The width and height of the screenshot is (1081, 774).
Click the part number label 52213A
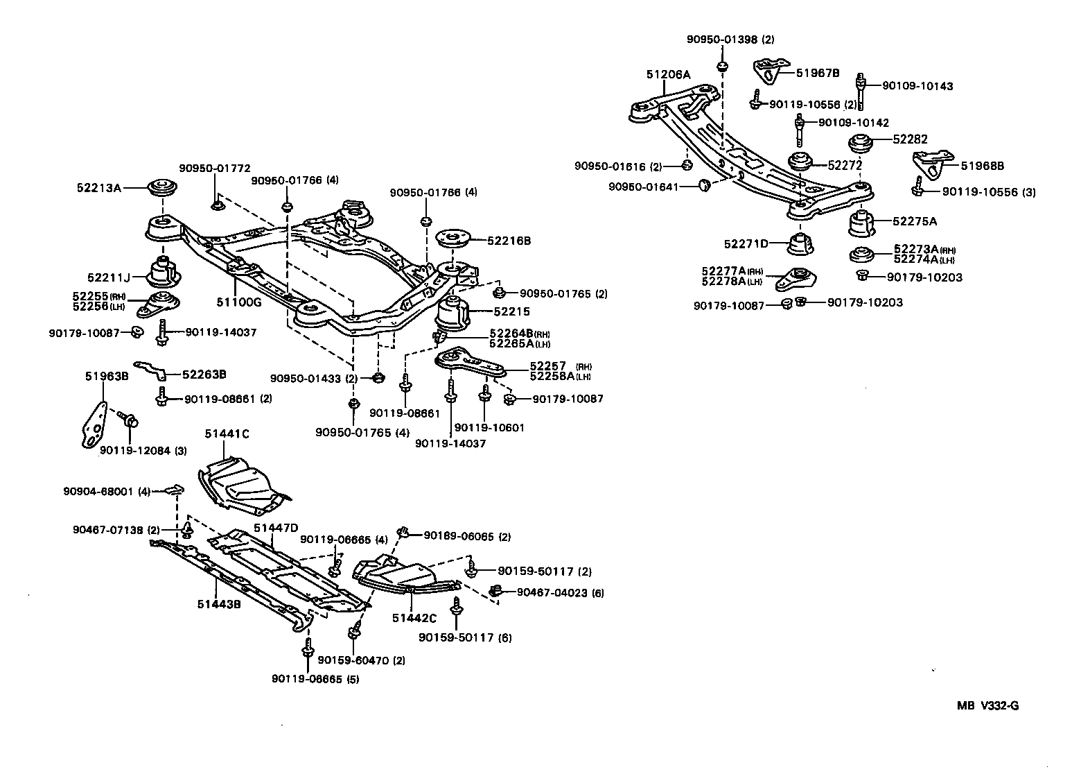coord(98,187)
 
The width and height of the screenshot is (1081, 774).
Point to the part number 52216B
coord(509,241)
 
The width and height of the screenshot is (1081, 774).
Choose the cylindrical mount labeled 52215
coord(452,314)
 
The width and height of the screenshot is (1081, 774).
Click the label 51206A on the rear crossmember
coord(669,74)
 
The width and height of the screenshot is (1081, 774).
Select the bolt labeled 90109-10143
coord(861,89)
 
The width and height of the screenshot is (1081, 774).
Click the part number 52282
coord(910,139)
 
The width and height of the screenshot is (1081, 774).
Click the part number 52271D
coord(746,243)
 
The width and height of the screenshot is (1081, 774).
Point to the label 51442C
coord(414,618)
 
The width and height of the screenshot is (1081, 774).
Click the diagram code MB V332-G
coord(987,706)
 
